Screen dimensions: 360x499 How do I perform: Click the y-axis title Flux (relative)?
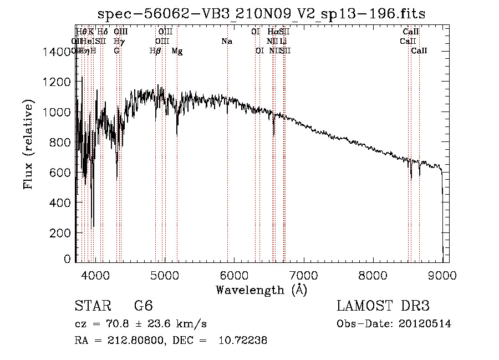(28, 145)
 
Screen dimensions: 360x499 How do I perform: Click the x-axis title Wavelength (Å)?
(261, 290)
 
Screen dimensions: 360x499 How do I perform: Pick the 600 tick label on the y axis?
(62, 173)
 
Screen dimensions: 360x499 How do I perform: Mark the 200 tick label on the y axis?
(62, 233)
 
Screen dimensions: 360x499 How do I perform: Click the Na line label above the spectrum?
(226, 42)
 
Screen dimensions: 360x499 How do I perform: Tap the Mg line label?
(177, 51)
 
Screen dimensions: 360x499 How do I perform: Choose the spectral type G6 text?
(144, 306)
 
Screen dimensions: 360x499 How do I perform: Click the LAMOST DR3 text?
(383, 306)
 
